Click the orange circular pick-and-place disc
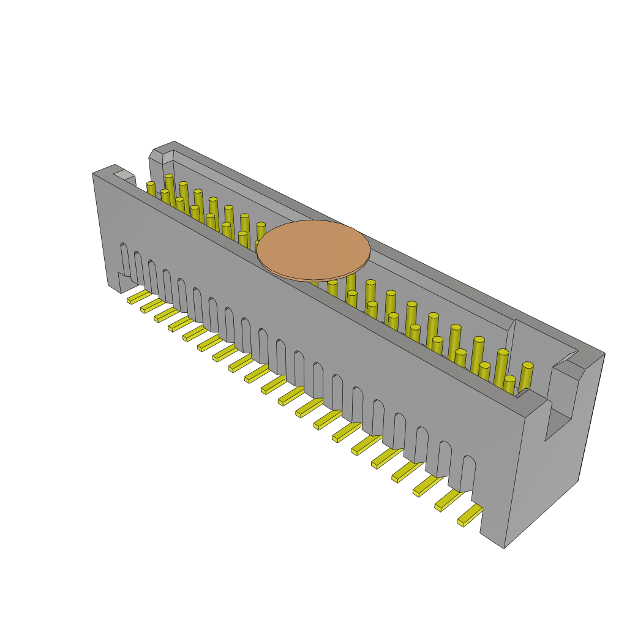(x=313, y=250)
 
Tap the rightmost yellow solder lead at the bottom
(x=470, y=515)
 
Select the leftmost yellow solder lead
(x=138, y=297)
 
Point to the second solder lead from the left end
(x=152, y=305)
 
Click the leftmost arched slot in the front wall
(x=125, y=260)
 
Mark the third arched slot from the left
(x=153, y=277)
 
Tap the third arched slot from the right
(x=421, y=445)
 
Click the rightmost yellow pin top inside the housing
(x=527, y=366)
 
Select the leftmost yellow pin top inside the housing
(x=151, y=184)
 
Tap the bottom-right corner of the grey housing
(x=504, y=547)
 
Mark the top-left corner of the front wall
(x=94, y=174)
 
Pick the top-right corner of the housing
(x=604, y=355)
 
